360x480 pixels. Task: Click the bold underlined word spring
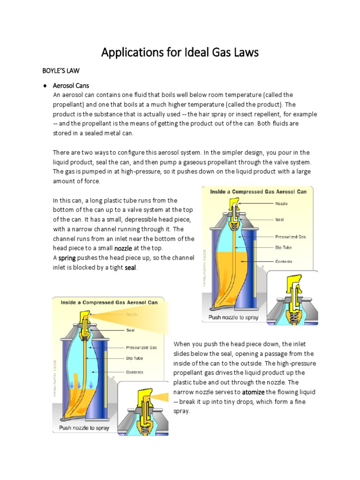(67, 258)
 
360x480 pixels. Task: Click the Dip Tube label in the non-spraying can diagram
(284, 248)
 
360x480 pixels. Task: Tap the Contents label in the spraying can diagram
(134, 372)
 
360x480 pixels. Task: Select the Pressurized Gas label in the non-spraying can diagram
(290, 237)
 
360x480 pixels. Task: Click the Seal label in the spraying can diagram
(131, 330)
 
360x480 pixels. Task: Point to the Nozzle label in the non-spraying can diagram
(282, 204)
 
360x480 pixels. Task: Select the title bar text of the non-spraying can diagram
(257, 192)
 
